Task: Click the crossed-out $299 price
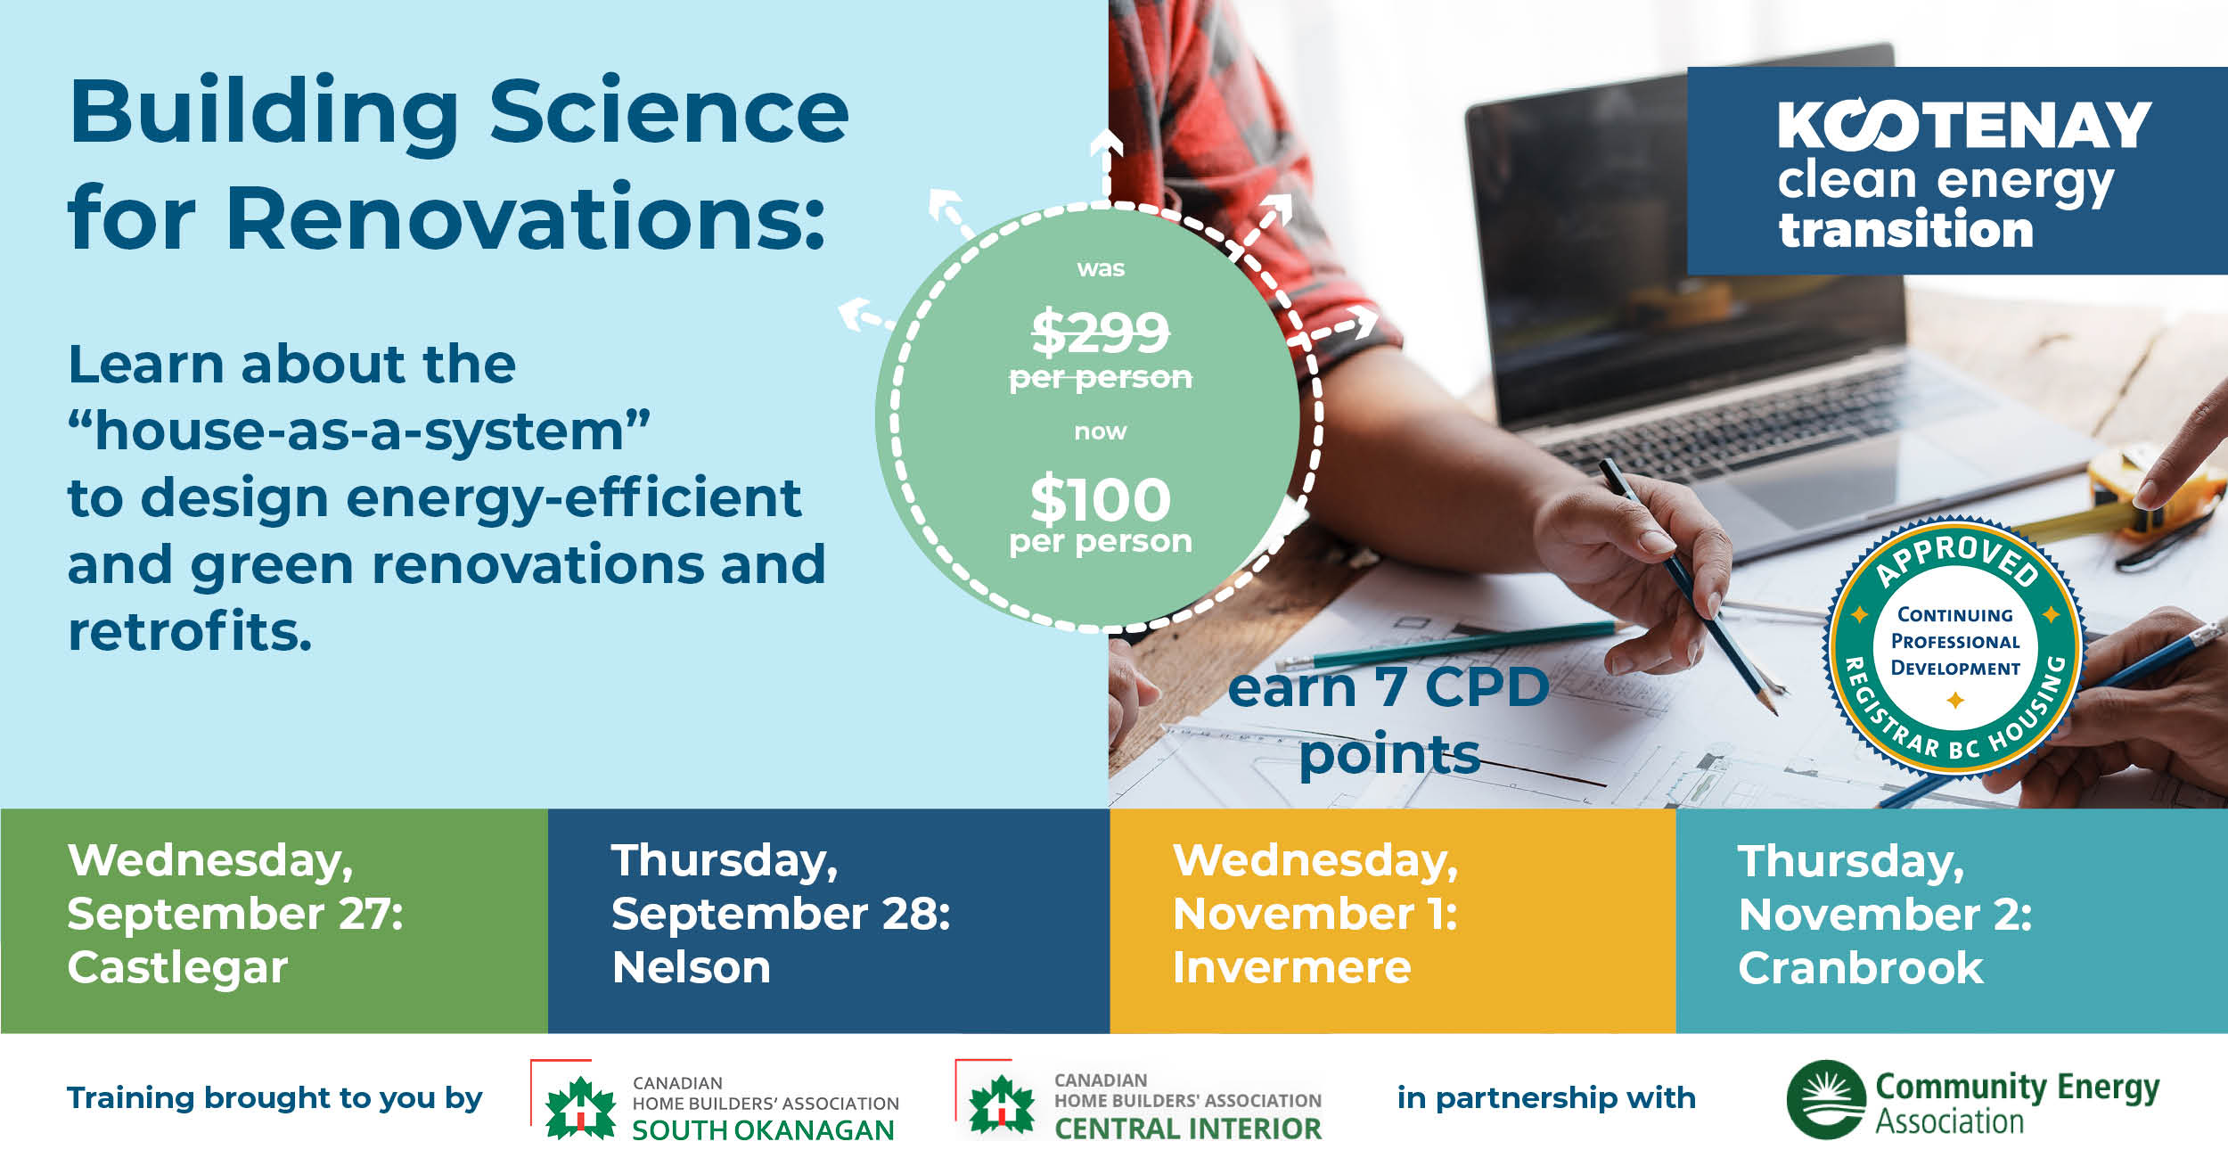pyautogui.click(x=1101, y=332)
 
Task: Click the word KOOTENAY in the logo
pyautogui.click(x=1964, y=125)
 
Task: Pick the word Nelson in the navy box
pyautogui.click(x=692, y=967)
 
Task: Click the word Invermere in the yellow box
pyautogui.click(x=1292, y=967)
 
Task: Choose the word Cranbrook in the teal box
pyautogui.click(x=1861, y=968)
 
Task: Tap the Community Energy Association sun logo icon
pyautogui.click(x=1826, y=1099)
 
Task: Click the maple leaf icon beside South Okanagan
pyautogui.click(x=580, y=1107)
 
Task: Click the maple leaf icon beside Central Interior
pyautogui.click(x=1002, y=1104)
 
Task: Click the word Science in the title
pyautogui.click(x=669, y=113)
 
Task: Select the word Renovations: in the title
pyautogui.click(x=526, y=218)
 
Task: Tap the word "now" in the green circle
pyautogui.click(x=1101, y=432)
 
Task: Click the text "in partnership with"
pyautogui.click(x=1546, y=1098)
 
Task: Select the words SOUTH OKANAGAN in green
pyautogui.click(x=763, y=1130)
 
